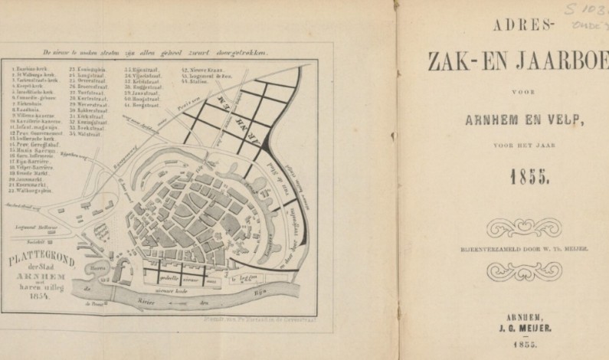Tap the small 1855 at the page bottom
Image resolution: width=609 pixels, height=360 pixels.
(x=525, y=345)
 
